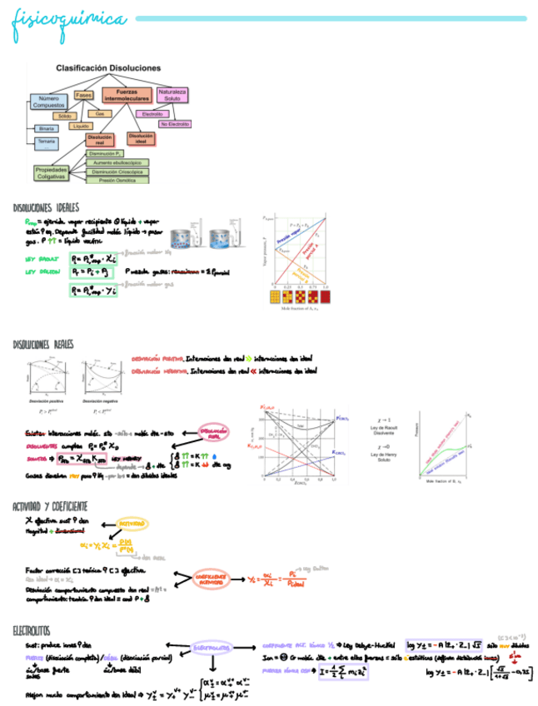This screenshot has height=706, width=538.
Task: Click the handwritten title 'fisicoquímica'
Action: pyautogui.click(x=69, y=19)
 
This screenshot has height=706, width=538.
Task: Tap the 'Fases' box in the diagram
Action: pyautogui.click(x=83, y=95)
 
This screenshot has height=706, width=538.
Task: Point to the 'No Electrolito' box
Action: pyautogui.click(x=176, y=124)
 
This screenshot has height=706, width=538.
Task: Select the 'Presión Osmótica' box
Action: pyautogui.click(x=117, y=180)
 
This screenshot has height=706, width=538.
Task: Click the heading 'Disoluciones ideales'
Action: pyautogui.click(x=47, y=206)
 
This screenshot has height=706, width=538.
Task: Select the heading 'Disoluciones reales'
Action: pyautogui.click(x=45, y=344)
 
